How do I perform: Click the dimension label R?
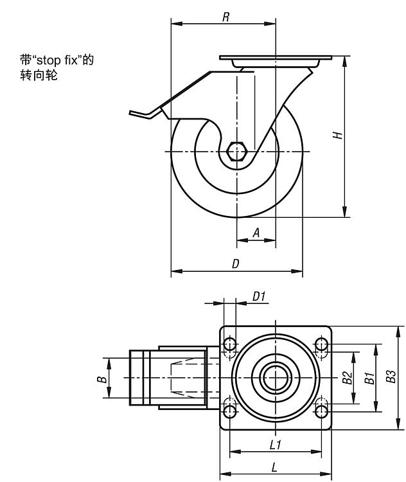coord(226,17)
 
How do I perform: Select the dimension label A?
coord(256,233)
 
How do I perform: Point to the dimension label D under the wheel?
coord(235,263)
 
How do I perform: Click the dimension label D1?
coord(259,297)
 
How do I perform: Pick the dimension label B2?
coord(348,377)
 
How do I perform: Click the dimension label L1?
coord(276,445)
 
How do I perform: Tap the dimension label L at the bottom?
coord(274,468)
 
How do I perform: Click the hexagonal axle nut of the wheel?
coord(236,152)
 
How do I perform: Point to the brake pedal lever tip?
coord(131,112)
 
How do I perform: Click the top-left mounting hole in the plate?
coord(230,344)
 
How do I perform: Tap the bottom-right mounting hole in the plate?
coord(321,411)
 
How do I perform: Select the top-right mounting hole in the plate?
coord(321,344)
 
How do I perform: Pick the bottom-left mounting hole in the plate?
coord(230,411)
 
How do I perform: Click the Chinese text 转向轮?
coord(39,75)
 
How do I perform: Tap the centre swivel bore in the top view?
coord(276,378)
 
